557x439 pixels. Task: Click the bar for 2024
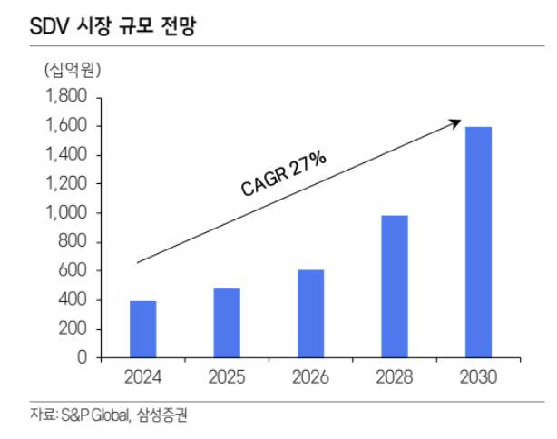142,329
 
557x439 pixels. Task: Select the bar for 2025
227,323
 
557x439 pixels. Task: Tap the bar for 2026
310,314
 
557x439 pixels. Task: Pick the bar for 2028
395,287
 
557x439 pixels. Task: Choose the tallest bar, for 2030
478,242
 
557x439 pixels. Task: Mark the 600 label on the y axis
71,271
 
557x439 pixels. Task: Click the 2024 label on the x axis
142,376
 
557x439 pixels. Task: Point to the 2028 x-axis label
395,376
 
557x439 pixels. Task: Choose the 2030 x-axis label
478,376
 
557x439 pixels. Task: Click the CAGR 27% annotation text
283,174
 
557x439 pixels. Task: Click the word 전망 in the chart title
178,28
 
